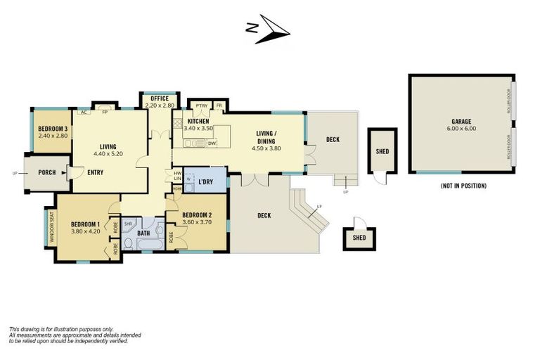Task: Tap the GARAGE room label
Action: tap(461, 121)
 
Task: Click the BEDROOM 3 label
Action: tap(53, 129)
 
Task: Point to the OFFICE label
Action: tap(159, 98)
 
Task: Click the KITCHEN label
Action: tap(198, 122)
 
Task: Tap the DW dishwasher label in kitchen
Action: tap(211, 143)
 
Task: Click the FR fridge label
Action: tap(219, 106)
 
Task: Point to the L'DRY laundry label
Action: tap(207, 181)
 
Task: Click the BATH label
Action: tap(143, 233)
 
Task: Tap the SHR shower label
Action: tap(128, 224)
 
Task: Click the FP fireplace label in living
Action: tap(105, 112)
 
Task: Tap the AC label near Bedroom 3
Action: tap(84, 112)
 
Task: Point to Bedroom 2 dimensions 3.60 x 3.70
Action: tap(196, 222)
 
